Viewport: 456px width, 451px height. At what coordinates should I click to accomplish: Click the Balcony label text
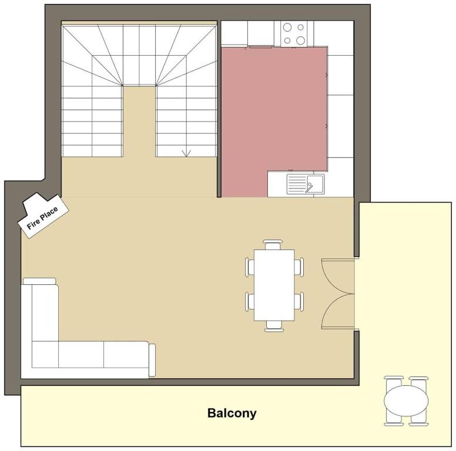click(x=232, y=413)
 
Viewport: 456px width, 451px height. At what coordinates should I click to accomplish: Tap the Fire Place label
click(x=42, y=218)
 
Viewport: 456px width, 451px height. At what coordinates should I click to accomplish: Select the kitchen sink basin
click(x=315, y=183)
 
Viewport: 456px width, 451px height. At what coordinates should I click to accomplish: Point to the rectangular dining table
click(x=274, y=285)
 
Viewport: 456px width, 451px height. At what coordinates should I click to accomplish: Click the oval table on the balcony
click(x=406, y=400)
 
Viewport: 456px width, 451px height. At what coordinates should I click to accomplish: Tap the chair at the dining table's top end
click(x=273, y=244)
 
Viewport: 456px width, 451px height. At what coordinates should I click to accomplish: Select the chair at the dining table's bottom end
click(x=274, y=326)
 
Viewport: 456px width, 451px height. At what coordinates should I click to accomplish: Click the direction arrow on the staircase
click(x=186, y=153)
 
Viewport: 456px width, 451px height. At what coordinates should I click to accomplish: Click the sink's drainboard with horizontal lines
click(x=297, y=184)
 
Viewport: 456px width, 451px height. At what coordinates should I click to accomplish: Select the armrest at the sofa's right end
click(x=152, y=361)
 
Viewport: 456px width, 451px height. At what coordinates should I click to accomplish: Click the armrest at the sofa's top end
click(x=39, y=281)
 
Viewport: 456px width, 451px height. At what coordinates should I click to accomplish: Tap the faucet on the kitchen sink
click(x=310, y=187)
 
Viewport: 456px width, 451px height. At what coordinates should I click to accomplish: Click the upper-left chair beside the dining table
click(x=249, y=267)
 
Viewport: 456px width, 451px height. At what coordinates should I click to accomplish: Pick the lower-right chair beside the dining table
click(x=299, y=301)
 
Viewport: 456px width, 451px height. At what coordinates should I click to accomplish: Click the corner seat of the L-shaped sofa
click(x=45, y=355)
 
